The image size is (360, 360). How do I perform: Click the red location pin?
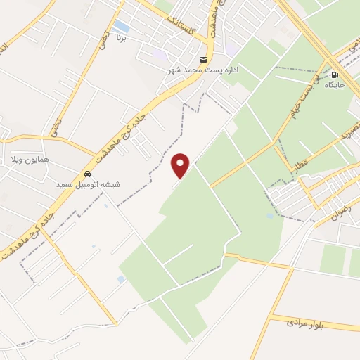tap(181, 165)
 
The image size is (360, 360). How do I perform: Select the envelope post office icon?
tap(204, 59)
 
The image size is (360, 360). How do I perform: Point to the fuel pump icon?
tap(335, 75)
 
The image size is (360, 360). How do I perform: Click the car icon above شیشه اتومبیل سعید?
tap(87, 174)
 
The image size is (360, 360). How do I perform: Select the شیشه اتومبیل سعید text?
tap(88, 184)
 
